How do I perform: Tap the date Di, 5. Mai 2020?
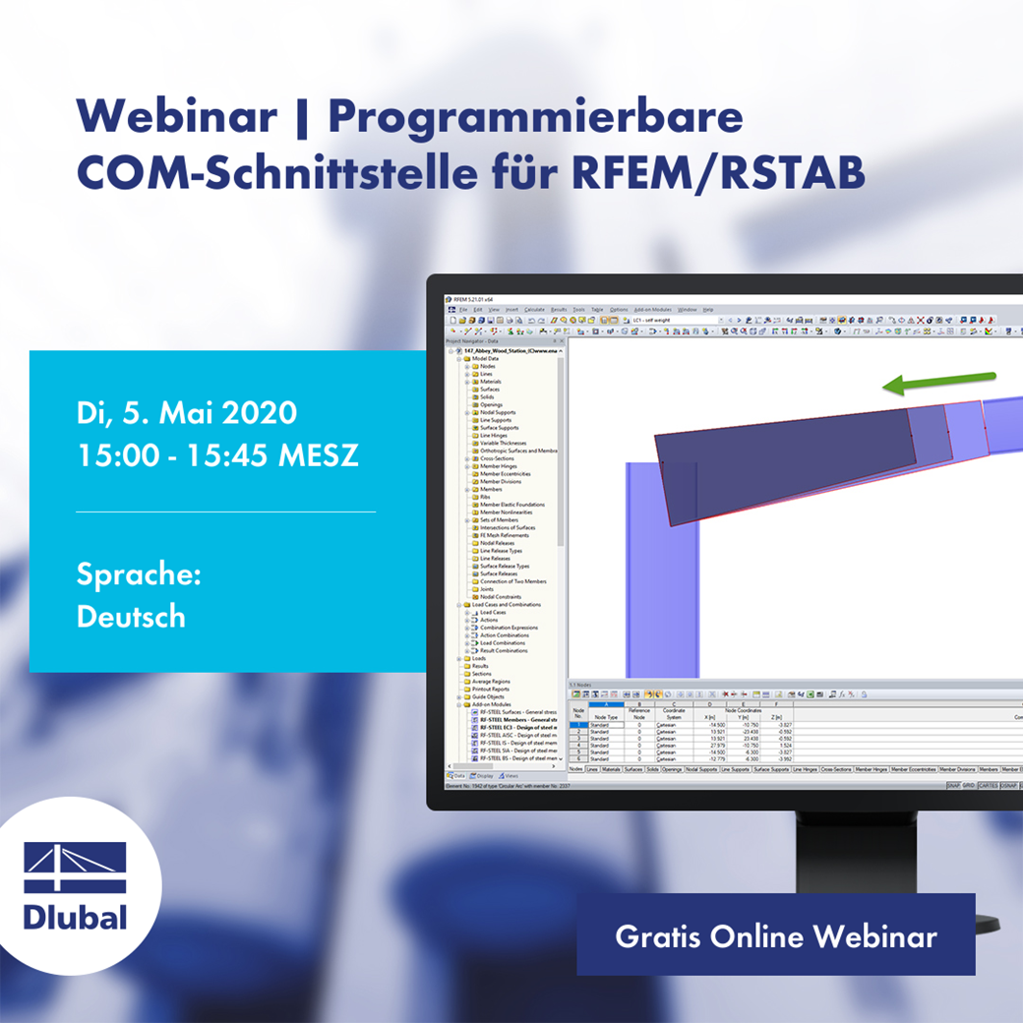click(186, 411)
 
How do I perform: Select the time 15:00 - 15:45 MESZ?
click(217, 455)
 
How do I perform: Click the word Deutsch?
click(130, 617)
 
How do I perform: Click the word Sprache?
click(139, 574)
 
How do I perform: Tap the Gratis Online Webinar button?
click(775, 935)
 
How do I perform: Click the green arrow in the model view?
click(938, 383)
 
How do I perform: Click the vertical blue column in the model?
click(662, 571)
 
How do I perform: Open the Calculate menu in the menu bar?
click(534, 310)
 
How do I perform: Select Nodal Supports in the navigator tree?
click(498, 412)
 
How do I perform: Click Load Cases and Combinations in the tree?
click(506, 604)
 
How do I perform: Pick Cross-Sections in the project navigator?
click(498, 458)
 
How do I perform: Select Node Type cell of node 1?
click(607, 725)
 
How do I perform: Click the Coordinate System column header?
click(674, 713)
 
